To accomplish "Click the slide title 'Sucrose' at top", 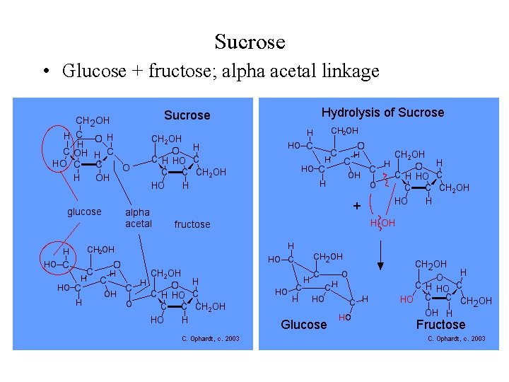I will tap(250, 42).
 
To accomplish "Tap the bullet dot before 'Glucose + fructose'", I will tap(45, 71).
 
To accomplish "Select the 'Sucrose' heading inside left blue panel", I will tap(187, 115).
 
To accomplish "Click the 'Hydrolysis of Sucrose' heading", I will tap(382, 112).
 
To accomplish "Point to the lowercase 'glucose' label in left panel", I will tap(84, 212).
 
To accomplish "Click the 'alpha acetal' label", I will tap(138, 218).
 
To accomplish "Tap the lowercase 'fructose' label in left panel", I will tap(192, 224).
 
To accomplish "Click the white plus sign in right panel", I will tap(356, 207).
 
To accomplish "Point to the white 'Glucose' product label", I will tap(304, 325).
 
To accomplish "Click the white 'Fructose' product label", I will tap(440, 325).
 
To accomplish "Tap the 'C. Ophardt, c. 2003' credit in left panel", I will tap(210, 340).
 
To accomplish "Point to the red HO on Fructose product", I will tap(406, 300).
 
